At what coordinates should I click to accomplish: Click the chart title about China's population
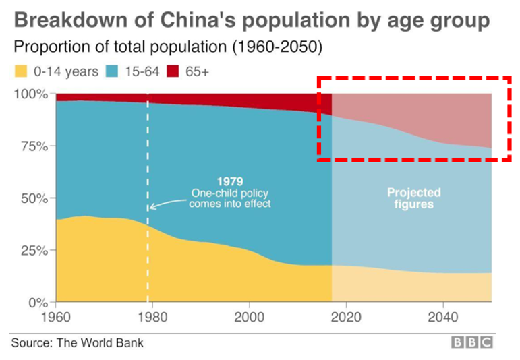(252, 20)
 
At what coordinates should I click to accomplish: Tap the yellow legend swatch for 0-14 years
(21, 71)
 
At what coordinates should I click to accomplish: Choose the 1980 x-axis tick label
(152, 317)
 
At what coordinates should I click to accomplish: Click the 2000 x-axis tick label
(250, 317)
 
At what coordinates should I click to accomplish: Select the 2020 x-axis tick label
(346, 317)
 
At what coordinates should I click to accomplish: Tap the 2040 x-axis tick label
(443, 317)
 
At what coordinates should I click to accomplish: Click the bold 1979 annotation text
(229, 181)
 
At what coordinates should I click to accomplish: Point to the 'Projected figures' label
(413, 198)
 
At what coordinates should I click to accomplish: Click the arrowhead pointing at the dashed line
(151, 206)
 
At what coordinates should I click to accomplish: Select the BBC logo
(472, 342)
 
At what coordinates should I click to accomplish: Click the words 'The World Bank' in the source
(100, 342)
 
